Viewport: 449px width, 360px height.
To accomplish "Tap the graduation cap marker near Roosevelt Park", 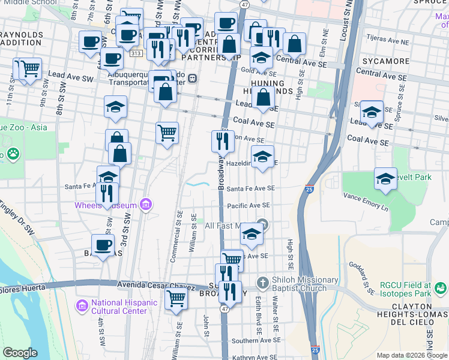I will [x=385, y=178].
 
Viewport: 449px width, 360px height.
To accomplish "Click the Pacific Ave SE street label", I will [x=249, y=206].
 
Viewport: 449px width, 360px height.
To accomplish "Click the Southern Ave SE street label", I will [x=253, y=341].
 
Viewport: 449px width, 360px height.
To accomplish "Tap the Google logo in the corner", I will [x=20, y=353].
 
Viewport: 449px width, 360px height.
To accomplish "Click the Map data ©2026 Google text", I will [x=411, y=355].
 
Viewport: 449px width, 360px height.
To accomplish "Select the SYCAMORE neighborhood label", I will [x=381, y=61].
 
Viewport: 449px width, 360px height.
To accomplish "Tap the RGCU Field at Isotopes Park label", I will [x=414, y=289].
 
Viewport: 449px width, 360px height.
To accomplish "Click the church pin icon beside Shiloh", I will [x=261, y=282].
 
